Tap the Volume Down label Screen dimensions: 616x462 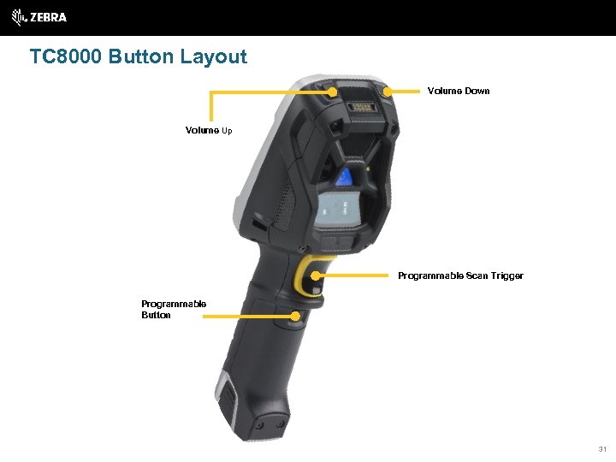click(x=458, y=91)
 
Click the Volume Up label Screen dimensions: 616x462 click(x=209, y=131)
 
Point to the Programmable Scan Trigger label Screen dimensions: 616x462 click(x=460, y=275)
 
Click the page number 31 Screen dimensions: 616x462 click(x=602, y=448)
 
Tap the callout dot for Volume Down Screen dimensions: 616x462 click(x=387, y=91)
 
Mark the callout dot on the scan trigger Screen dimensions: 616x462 click(x=316, y=275)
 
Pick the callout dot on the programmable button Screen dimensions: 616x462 click(x=295, y=316)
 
